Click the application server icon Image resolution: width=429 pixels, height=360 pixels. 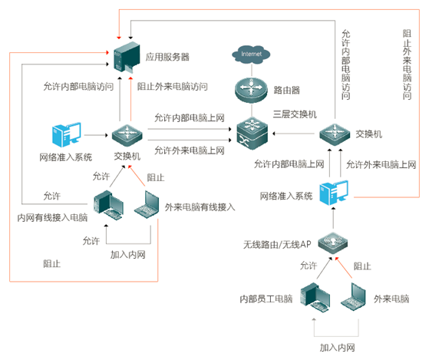point(125,61)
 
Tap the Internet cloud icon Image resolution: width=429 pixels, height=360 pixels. point(250,54)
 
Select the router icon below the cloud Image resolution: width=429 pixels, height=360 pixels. point(250,90)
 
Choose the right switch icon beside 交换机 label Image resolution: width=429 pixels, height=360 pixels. point(335,135)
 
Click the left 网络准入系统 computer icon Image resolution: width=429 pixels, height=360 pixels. point(64,136)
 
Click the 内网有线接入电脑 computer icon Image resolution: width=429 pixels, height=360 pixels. point(106,205)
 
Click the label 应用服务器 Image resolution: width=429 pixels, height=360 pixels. point(169,57)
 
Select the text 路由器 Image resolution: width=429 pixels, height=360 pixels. point(286,90)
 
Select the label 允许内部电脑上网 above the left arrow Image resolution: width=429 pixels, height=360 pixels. point(189,117)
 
